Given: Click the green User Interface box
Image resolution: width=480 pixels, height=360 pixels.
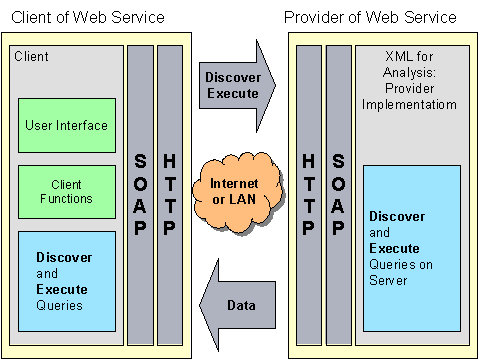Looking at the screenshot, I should [x=66, y=125].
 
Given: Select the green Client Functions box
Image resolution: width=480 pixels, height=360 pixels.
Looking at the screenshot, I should [x=66, y=192].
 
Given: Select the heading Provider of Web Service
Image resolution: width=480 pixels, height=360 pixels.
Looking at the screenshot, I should [x=370, y=18].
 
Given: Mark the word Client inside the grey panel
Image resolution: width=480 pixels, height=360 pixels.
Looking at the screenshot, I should [x=31, y=57].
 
